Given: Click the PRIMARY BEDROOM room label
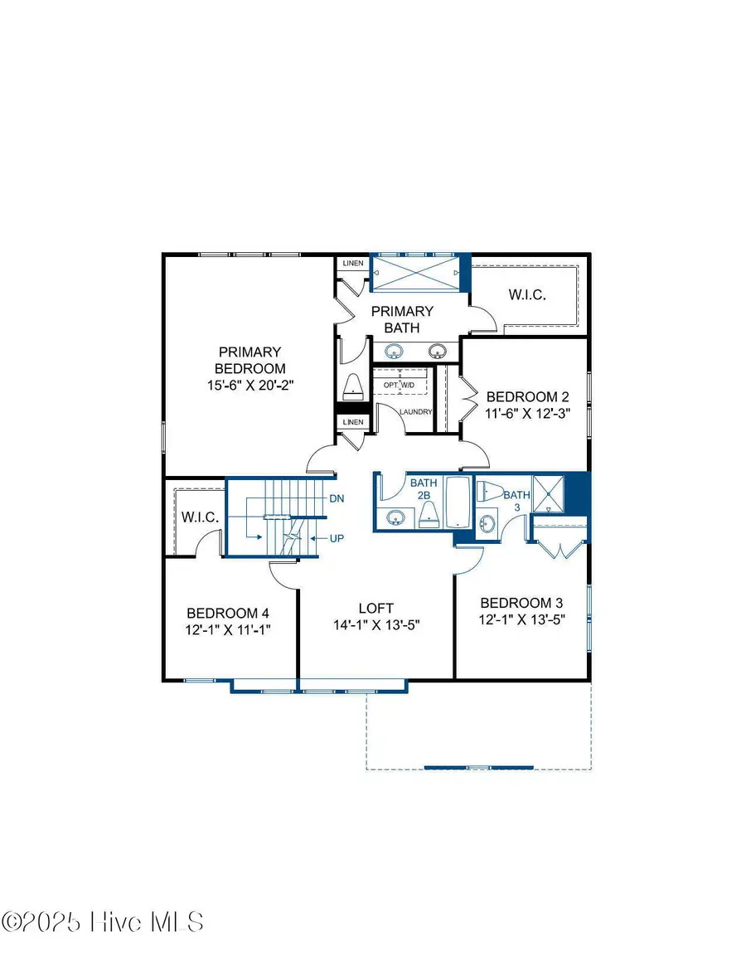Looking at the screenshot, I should click(250, 360).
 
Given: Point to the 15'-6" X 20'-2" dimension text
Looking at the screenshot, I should click(250, 385).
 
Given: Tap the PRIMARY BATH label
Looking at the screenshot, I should click(402, 319).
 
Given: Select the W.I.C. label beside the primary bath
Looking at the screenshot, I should click(526, 296).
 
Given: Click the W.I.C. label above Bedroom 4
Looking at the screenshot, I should click(200, 517).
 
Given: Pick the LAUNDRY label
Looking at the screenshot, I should click(415, 412).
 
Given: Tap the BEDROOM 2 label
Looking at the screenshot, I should click(527, 396).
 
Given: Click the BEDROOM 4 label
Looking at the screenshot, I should click(228, 613).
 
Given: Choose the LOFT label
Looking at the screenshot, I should click(375, 608).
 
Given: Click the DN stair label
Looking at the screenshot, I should click(337, 498).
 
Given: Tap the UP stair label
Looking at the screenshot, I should click(337, 538).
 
